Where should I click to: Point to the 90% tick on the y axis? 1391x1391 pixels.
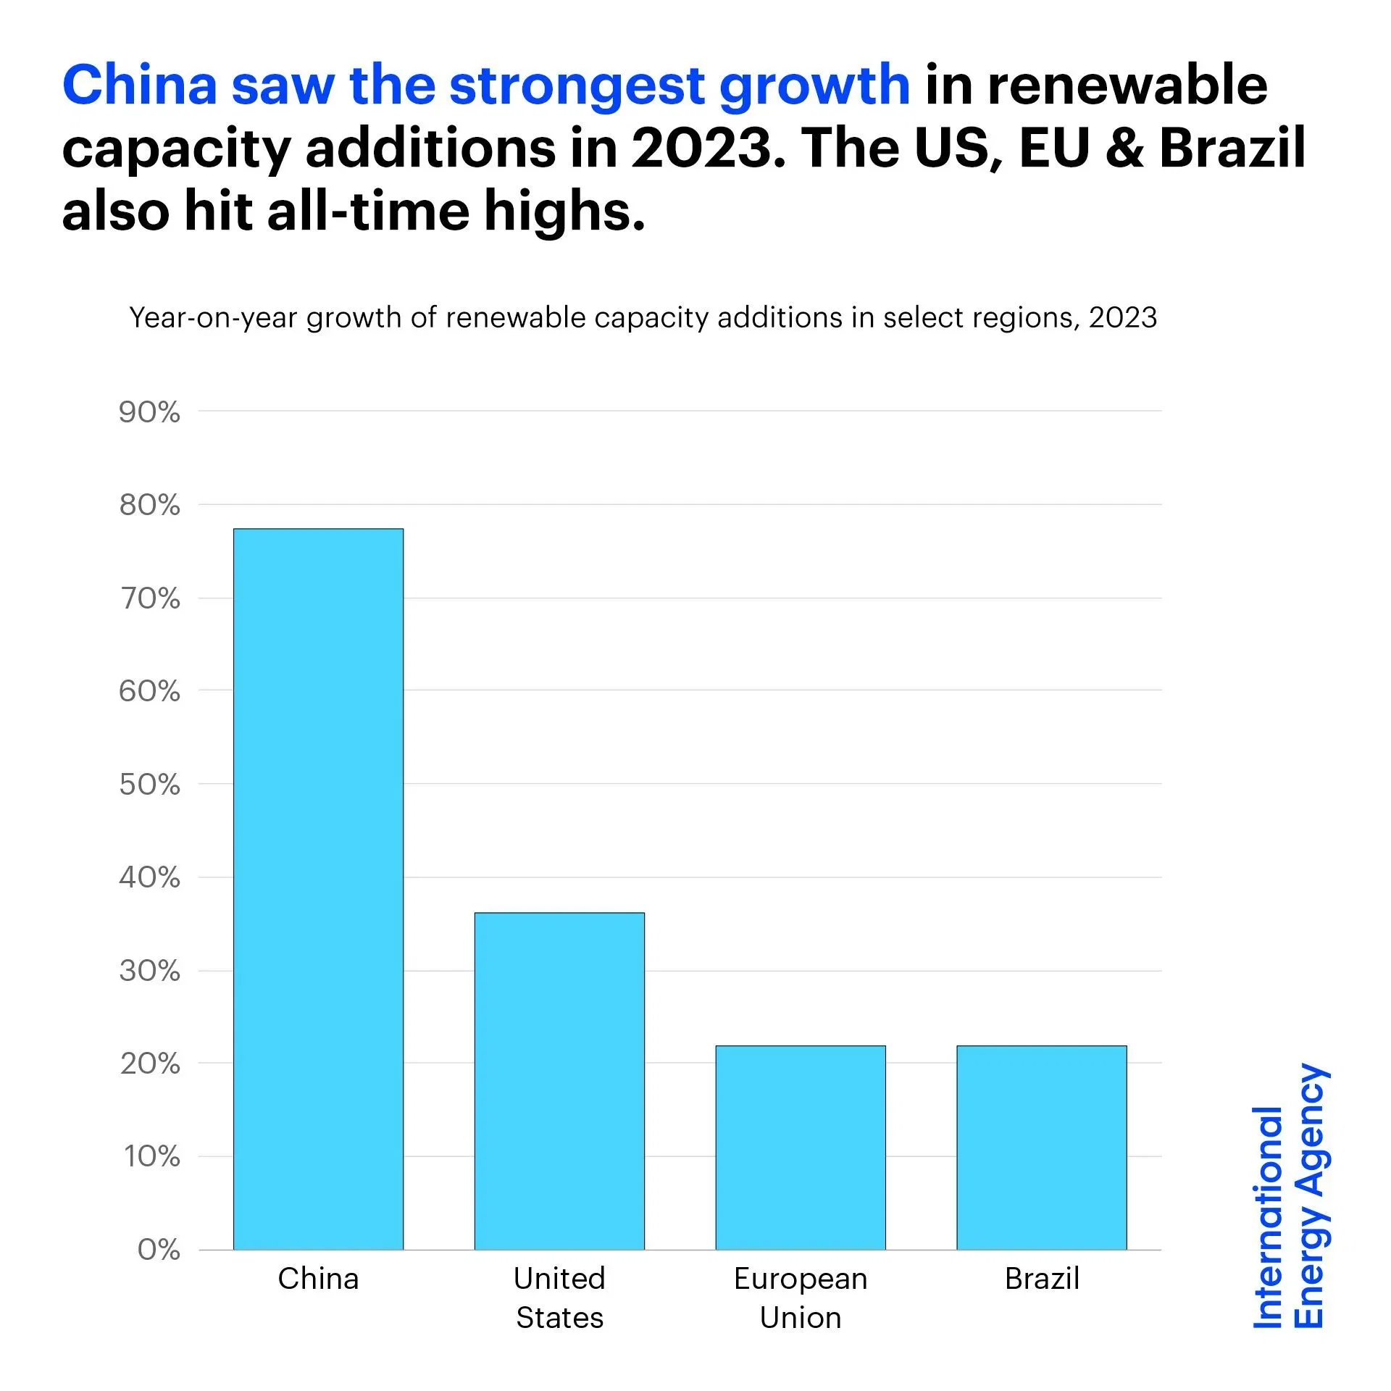tap(149, 412)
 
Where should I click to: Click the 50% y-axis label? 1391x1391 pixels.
tap(149, 785)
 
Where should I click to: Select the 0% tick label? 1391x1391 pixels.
tap(159, 1250)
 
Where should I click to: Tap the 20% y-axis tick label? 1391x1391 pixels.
tap(150, 1064)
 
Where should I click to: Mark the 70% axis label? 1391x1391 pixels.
tap(150, 598)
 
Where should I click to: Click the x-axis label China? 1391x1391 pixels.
tap(318, 1279)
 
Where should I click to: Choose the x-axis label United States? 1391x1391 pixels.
tap(559, 1298)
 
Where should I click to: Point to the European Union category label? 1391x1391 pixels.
tap(801, 1298)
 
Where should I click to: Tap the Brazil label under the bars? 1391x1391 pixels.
tap(1042, 1279)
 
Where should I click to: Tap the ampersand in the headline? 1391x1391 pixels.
tap(1124, 149)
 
